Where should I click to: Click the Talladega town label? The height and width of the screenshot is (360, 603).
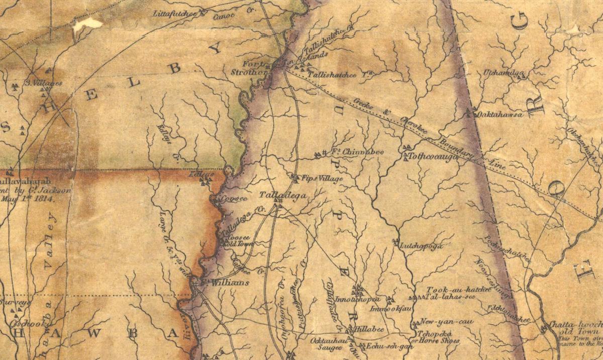278,195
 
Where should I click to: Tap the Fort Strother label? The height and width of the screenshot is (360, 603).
253,68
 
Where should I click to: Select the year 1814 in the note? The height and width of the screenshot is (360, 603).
48,198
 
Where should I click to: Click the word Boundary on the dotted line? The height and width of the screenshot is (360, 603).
454,149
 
